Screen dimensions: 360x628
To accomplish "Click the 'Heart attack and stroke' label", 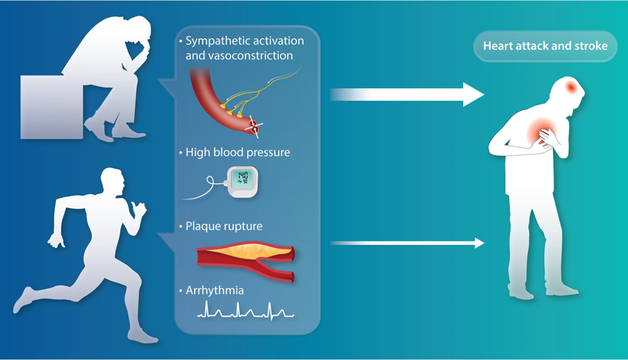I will tap(545, 46).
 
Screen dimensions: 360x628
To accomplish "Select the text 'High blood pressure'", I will tap(238, 152).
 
